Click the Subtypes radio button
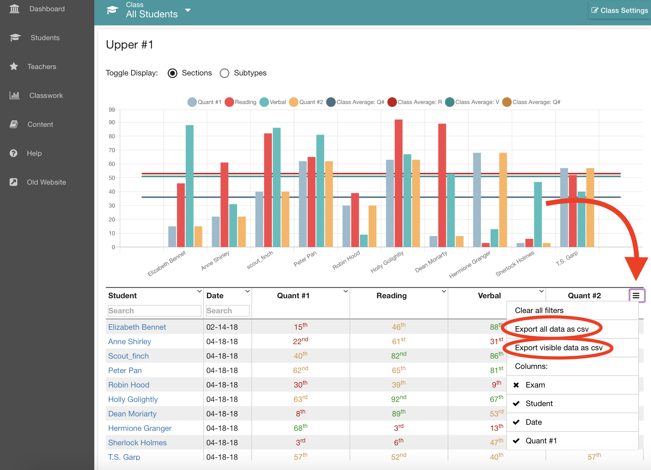coord(224,73)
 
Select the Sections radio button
coord(173,73)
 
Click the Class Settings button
coord(620,10)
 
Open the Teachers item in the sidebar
coord(42,67)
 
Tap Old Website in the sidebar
coord(46,182)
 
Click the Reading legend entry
coord(241,102)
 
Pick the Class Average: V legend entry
coord(472,102)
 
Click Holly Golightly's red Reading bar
coord(399,183)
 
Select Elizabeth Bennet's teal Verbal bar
coord(190,186)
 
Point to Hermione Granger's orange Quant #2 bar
coord(503,200)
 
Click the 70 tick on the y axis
coord(112,150)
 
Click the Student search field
coord(154,311)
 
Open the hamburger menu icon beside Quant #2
coord(636,295)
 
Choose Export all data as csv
coord(552,329)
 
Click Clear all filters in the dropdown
coord(539,310)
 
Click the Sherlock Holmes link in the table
coord(137,443)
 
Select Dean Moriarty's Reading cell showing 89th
coord(399,413)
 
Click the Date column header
coord(215,296)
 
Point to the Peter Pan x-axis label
coord(305,259)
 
